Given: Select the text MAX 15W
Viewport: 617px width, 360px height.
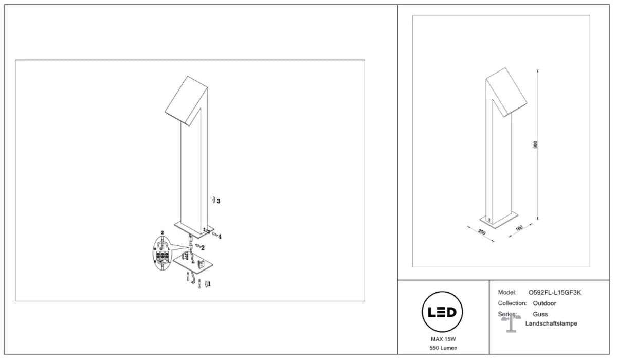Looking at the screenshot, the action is (x=443, y=339).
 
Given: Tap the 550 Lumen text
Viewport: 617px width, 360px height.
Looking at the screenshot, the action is (x=443, y=348).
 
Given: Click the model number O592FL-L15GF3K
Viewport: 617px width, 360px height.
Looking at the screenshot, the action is (x=555, y=293).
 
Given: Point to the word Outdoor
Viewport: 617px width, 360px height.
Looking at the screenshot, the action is (x=545, y=303).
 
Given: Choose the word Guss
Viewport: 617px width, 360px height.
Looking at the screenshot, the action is (x=540, y=314).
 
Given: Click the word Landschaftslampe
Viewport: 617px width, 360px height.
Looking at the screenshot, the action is (x=551, y=323).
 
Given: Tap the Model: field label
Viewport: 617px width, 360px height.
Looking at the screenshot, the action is (x=507, y=293).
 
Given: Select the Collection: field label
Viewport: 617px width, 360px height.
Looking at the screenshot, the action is (x=512, y=303).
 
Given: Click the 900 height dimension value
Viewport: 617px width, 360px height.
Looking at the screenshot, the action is (x=535, y=145).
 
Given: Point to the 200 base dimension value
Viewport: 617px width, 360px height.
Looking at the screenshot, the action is (x=482, y=232).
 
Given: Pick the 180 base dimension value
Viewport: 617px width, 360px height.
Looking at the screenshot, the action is (x=519, y=228).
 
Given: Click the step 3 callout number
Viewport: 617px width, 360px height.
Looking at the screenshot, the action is (x=219, y=201).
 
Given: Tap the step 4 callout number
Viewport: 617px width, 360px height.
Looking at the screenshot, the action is (x=220, y=237).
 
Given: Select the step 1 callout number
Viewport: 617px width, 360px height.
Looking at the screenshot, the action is (x=209, y=284).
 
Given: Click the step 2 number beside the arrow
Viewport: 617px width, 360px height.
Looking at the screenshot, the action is (x=203, y=248).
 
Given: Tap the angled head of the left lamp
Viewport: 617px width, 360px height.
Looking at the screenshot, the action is (x=186, y=101).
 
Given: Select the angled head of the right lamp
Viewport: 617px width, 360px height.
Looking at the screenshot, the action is (x=506, y=92).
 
